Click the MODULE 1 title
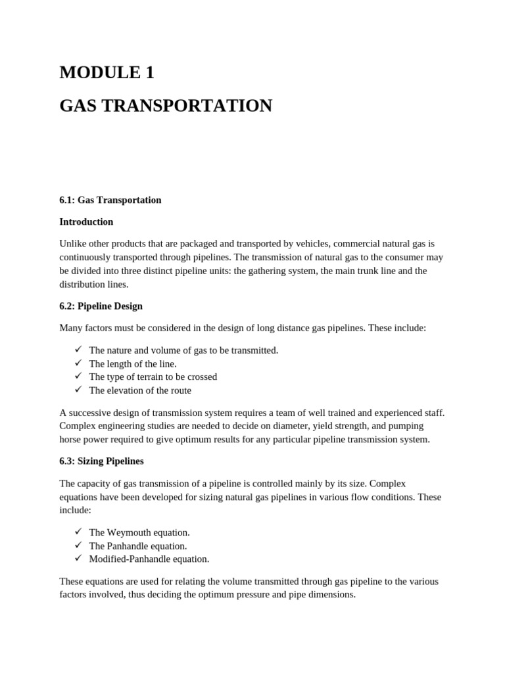coord(107,73)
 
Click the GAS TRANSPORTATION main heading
coord(165,106)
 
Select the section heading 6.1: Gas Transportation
coord(110,200)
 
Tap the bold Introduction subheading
coord(86,221)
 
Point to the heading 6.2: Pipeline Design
coord(101,306)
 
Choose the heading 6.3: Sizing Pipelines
coord(101,461)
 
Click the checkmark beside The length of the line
coord(78,363)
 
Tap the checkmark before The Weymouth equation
coord(78,532)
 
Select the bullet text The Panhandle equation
coord(138,545)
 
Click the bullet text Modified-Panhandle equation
coord(149,559)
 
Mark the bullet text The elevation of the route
coord(140,390)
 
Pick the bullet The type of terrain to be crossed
coord(153,377)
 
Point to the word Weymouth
coord(128,532)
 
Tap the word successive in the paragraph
coord(89,413)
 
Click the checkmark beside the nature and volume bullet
coord(78,350)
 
